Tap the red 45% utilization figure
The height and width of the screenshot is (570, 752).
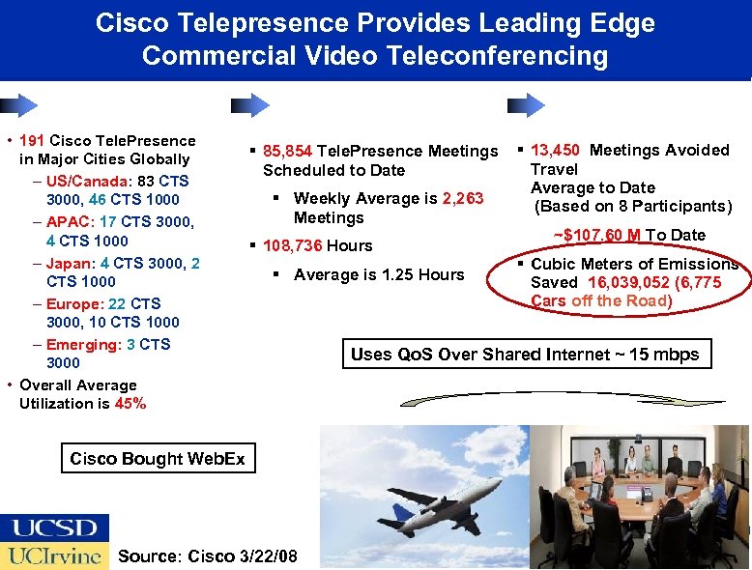tap(130, 404)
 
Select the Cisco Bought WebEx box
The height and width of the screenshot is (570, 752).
tap(158, 459)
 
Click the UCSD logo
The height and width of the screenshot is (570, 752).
tap(54, 527)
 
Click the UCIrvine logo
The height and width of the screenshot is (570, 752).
tap(54, 556)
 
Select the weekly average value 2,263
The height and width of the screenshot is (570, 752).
tap(463, 199)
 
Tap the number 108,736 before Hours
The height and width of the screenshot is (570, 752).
tap(293, 245)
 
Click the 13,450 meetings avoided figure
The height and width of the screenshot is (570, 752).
tap(556, 150)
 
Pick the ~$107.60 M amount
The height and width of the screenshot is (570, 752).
tap(597, 235)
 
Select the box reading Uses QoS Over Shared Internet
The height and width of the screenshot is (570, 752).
tap(525, 355)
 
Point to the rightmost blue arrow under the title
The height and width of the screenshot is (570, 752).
tap(527, 104)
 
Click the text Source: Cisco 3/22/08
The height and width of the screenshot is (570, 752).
tap(207, 556)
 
